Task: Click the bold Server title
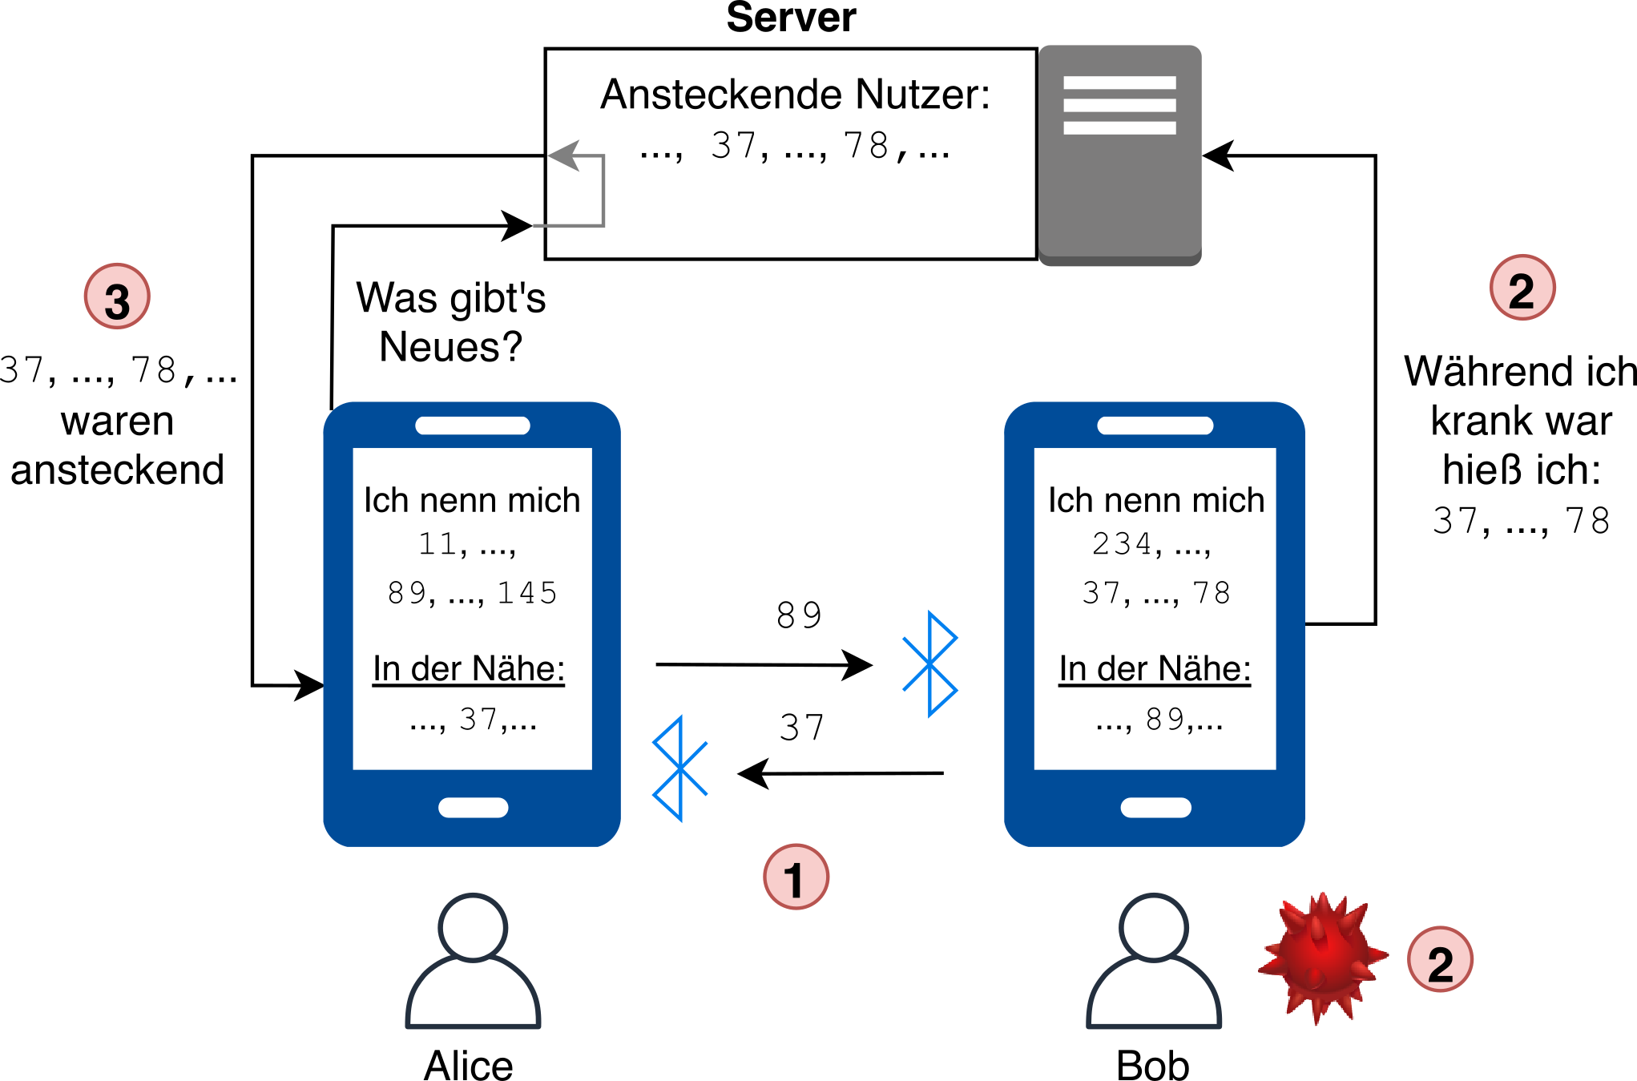pyautogui.click(x=791, y=17)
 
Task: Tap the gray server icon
pyautogui.click(x=1120, y=155)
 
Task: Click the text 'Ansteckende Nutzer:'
pyautogui.click(x=796, y=95)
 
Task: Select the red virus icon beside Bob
pyautogui.click(x=1323, y=958)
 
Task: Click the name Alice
pyautogui.click(x=469, y=1065)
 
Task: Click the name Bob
pyautogui.click(x=1152, y=1065)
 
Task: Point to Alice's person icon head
pyautogui.click(x=473, y=927)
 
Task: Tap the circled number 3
pyautogui.click(x=117, y=296)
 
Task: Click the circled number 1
pyautogui.click(x=796, y=877)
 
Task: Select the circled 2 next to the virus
pyautogui.click(x=1440, y=959)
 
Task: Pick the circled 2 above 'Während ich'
pyautogui.click(x=1522, y=288)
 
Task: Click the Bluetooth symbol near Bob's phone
pyautogui.click(x=929, y=664)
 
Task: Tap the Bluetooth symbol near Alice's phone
pyautogui.click(x=680, y=768)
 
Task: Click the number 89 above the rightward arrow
pyautogui.click(x=800, y=615)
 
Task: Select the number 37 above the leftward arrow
pyautogui.click(x=802, y=728)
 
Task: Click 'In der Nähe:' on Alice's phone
pyautogui.click(x=469, y=668)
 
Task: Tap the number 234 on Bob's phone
pyautogui.click(x=1121, y=543)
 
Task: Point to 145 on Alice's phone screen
pyautogui.click(x=527, y=592)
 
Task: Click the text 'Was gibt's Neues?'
pyautogui.click(x=451, y=322)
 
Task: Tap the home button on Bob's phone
pyautogui.click(x=1155, y=808)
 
